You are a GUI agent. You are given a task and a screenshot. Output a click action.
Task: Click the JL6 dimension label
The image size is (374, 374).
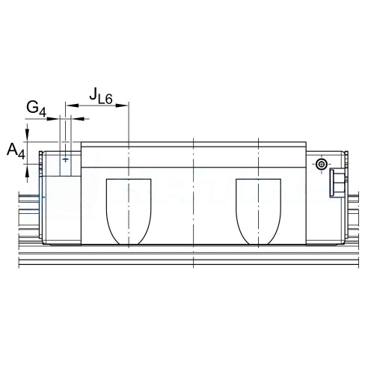coord(101,96)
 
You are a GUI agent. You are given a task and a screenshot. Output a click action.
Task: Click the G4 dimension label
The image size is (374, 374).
coord(37,109)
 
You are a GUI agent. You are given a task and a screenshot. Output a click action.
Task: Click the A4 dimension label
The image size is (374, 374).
coord(16,151)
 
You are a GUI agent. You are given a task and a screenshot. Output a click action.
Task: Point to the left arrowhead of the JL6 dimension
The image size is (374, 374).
coord(72,105)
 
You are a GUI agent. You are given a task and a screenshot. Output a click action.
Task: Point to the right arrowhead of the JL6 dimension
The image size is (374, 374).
coord(122,105)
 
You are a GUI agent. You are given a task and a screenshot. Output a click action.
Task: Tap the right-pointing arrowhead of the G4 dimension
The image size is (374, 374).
coord(53,119)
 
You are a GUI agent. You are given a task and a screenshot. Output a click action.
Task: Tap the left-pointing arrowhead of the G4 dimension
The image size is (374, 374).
coord(77,119)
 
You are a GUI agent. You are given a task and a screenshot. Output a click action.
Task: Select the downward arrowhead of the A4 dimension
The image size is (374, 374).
coord(27,135)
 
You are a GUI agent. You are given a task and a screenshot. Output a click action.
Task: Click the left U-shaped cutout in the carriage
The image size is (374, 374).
coord(129,212)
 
